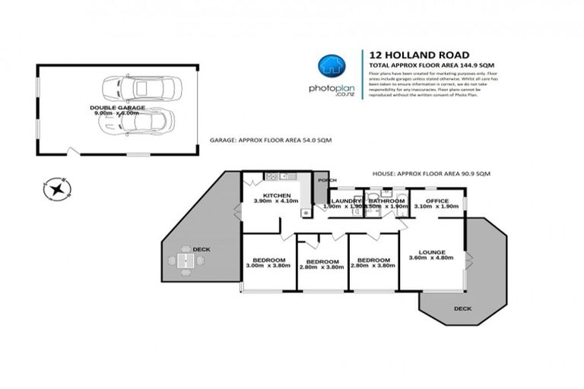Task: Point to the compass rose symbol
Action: [56, 187]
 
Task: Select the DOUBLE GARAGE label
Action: [113, 107]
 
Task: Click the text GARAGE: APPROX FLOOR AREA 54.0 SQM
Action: [270, 141]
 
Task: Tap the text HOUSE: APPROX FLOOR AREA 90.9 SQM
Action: [431, 174]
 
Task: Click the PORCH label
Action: [327, 180]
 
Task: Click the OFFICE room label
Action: [437, 201]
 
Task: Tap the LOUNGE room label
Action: [431, 251]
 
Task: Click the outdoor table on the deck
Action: [186, 261]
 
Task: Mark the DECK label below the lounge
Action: [462, 308]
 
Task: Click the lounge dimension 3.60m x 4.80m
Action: [431, 258]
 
